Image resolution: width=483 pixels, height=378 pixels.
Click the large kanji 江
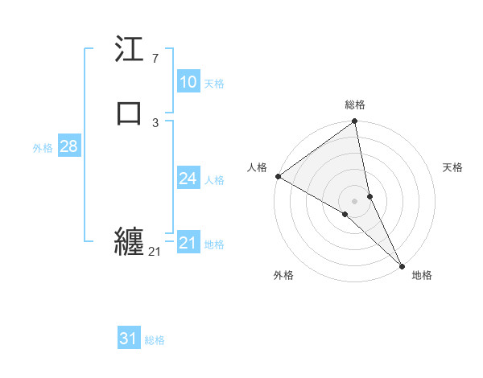[x=130, y=50]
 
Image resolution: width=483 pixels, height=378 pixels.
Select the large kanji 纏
[x=130, y=242]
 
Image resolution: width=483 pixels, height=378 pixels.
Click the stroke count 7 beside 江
[x=155, y=58]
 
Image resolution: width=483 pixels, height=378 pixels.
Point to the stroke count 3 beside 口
[x=155, y=122]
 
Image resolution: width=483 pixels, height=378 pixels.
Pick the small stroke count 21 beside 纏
[x=155, y=252]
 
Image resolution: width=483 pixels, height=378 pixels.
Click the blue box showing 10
[x=188, y=82]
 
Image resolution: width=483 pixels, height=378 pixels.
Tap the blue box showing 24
[x=188, y=179]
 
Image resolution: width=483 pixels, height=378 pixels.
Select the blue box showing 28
[x=68, y=146]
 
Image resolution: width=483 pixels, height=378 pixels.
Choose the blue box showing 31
[x=129, y=339]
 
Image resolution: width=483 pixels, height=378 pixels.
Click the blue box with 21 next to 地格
[x=188, y=243]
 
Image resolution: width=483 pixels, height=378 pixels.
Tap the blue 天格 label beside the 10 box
[x=214, y=84]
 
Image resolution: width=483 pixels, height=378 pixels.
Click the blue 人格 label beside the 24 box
[x=214, y=180]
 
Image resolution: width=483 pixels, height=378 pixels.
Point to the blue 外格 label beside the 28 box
[x=43, y=148]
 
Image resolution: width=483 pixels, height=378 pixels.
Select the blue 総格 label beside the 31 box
[x=155, y=340]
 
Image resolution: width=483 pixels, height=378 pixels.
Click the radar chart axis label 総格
[x=355, y=105]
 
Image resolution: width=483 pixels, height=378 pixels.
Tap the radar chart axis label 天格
[x=452, y=167]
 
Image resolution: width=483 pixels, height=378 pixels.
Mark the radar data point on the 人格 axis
[x=278, y=176]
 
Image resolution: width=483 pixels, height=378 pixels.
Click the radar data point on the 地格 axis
[x=402, y=265]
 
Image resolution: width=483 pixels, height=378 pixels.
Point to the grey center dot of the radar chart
[x=355, y=200]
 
